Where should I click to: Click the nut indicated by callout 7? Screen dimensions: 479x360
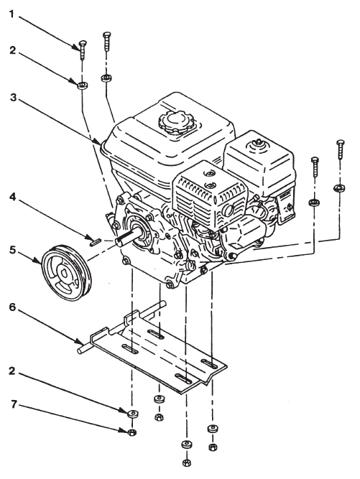131,433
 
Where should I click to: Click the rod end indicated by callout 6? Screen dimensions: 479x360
80,351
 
